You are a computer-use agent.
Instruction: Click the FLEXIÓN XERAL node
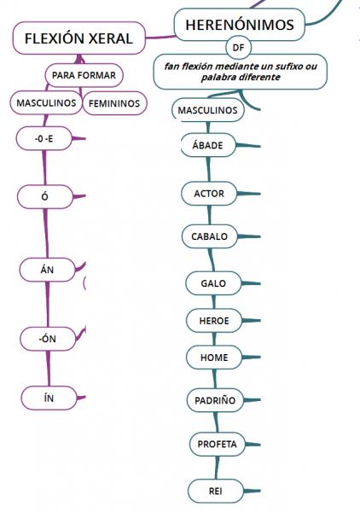78,38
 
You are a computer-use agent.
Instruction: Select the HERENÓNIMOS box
240,25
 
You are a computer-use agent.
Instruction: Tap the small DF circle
238,47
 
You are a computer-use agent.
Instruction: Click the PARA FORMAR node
84,75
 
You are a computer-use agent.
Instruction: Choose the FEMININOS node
114,103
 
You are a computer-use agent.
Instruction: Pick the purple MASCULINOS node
46,103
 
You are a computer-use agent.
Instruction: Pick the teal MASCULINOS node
207,110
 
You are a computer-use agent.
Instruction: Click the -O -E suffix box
44,138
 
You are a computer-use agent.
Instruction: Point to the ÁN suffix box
47,270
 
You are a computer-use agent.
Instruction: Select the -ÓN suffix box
48,339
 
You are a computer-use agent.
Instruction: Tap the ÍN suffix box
49,398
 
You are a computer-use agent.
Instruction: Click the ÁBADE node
208,145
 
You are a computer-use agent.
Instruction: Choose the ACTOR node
209,194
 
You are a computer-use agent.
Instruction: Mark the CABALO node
210,236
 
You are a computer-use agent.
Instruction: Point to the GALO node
213,283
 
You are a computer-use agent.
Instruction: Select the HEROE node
214,320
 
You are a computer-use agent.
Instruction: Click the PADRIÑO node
215,400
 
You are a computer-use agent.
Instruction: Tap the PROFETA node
218,444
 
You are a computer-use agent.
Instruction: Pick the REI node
216,491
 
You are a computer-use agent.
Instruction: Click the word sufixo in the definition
289,67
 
